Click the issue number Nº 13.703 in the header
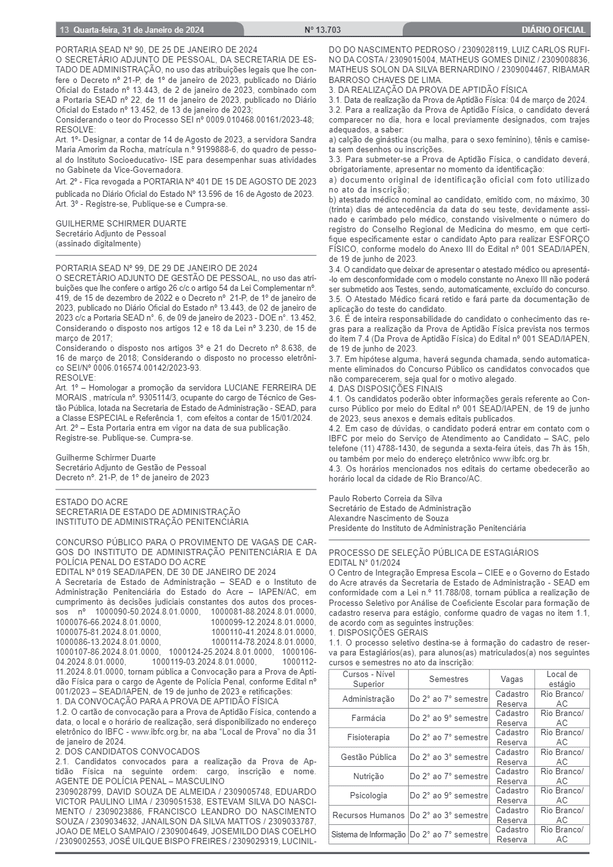point(323,30)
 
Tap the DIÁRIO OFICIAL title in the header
point(552,30)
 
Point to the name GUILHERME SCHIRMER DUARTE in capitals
point(121,223)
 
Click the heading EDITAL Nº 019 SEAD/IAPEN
point(166,572)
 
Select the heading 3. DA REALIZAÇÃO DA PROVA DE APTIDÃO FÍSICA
point(428,90)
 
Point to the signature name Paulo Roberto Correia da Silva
point(385,498)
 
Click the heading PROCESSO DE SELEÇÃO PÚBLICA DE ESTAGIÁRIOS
point(433,553)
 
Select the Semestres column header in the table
point(448,679)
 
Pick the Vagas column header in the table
point(512,679)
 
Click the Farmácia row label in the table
point(368,718)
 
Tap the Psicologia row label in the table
point(368,796)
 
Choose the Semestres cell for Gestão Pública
point(448,757)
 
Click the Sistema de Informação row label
point(368,835)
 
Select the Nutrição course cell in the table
point(368,777)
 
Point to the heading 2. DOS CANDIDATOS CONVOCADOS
point(127,751)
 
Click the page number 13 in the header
point(64,30)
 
